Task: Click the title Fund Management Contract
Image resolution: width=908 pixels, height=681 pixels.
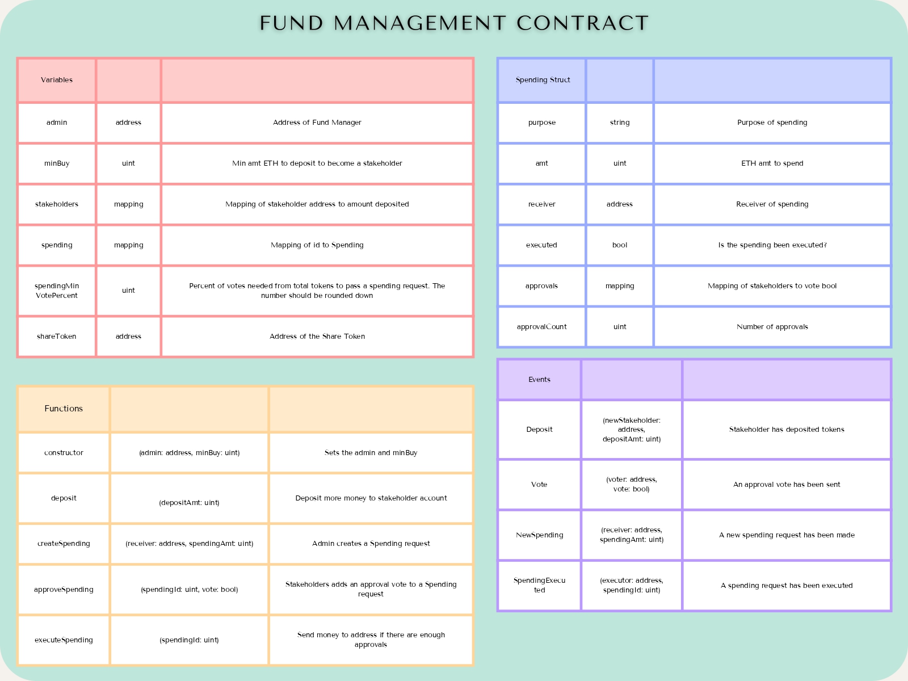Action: (x=454, y=23)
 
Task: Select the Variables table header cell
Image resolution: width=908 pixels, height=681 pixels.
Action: (x=57, y=80)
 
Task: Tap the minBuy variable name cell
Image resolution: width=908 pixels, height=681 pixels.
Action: (x=57, y=163)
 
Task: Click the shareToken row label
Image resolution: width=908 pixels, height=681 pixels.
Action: (x=57, y=337)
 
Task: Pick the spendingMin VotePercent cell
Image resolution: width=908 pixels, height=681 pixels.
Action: (x=57, y=291)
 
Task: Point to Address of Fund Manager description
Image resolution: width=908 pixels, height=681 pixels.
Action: (x=317, y=123)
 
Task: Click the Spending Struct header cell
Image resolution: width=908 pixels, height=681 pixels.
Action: (x=543, y=80)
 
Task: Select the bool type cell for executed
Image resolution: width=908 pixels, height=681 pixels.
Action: (x=620, y=245)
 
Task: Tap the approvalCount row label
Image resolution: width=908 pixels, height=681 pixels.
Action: (x=541, y=327)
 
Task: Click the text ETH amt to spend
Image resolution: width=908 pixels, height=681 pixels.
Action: (x=772, y=163)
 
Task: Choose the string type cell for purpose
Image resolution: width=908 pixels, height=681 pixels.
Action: (x=620, y=123)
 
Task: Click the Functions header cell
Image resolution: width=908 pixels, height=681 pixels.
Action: (x=64, y=409)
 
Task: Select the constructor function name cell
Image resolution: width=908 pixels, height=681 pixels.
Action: (x=64, y=453)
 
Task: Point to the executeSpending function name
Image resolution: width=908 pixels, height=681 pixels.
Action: (x=64, y=640)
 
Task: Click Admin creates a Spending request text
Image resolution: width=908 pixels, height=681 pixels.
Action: (x=371, y=544)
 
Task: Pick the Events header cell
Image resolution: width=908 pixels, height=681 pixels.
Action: (x=539, y=380)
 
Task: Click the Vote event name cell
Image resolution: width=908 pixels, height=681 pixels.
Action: (x=539, y=485)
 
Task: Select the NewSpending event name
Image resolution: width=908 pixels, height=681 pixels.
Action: (x=539, y=535)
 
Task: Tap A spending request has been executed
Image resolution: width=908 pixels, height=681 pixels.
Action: (x=787, y=586)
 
